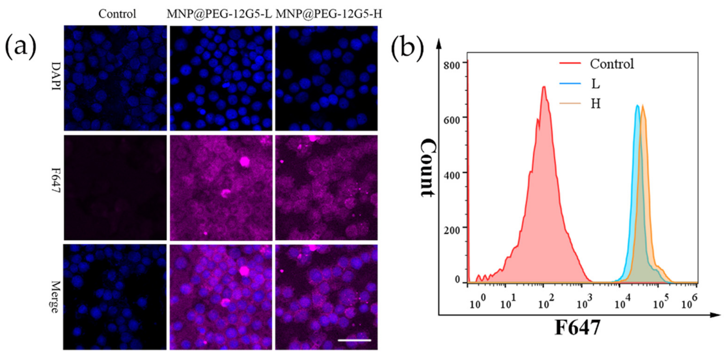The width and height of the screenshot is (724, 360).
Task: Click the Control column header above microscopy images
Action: click(x=117, y=14)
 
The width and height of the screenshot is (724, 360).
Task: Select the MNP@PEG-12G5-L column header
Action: click(x=219, y=14)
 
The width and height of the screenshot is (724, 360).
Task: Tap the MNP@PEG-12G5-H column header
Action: click(x=329, y=14)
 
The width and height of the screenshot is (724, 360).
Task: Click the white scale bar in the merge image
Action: click(x=354, y=340)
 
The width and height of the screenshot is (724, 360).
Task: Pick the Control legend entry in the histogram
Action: click(x=611, y=64)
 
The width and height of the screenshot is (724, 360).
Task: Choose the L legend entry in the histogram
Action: click(x=595, y=84)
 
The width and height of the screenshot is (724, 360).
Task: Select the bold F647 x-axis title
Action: click(x=577, y=328)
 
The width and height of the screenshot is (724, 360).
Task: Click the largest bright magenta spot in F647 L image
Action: click(x=245, y=162)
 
